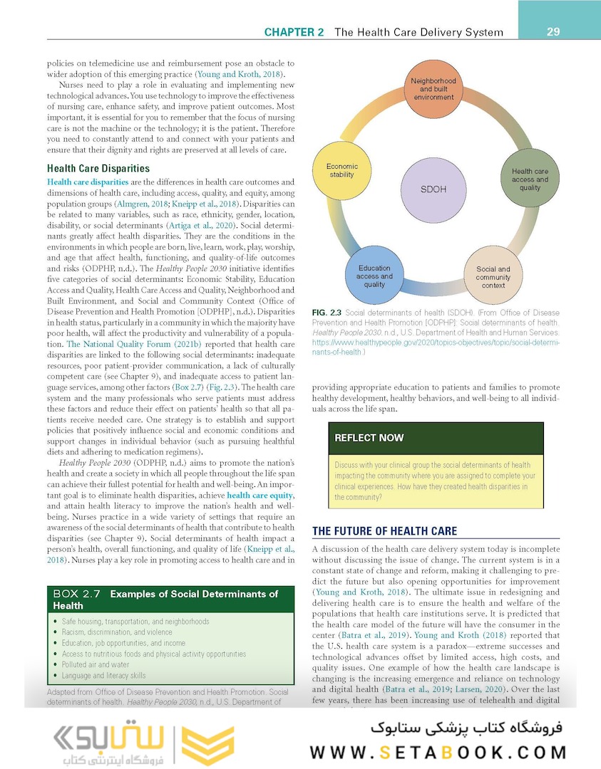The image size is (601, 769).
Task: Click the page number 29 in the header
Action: [x=553, y=31]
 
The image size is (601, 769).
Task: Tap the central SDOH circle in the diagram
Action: [x=433, y=189]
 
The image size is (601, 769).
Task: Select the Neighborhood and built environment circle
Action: [x=433, y=89]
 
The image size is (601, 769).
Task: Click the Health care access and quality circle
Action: [x=530, y=179]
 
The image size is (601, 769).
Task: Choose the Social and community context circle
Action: [x=493, y=277]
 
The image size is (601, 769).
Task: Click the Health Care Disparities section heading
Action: [x=98, y=169]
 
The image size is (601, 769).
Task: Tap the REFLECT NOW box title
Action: [x=369, y=437]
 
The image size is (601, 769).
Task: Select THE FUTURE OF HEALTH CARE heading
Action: [x=384, y=531]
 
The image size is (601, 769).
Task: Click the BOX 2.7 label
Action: [x=77, y=594]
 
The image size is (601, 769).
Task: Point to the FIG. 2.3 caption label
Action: [x=327, y=313]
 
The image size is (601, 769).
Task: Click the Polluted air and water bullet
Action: [x=96, y=664]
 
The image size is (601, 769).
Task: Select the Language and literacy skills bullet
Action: [x=103, y=675]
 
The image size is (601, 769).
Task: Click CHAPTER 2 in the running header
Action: [x=294, y=32]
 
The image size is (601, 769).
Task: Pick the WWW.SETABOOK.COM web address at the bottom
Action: [x=438, y=752]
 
